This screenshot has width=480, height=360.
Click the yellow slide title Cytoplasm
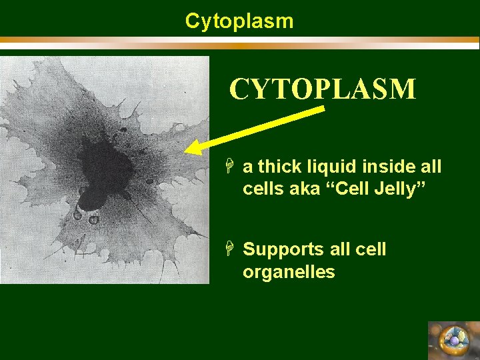click(239, 21)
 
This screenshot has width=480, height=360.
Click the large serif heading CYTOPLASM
click(323, 89)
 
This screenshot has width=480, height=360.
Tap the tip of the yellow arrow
click(187, 151)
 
